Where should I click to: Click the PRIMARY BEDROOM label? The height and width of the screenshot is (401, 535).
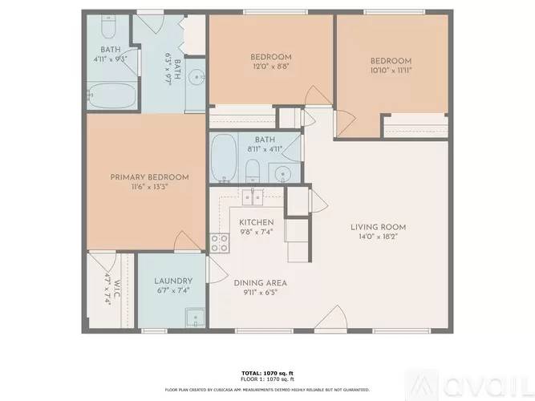149,177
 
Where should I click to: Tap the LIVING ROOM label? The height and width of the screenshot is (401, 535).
375,227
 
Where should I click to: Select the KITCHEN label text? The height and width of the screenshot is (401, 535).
257,222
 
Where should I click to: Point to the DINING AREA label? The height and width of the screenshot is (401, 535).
260,283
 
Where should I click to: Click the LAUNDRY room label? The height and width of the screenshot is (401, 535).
173,281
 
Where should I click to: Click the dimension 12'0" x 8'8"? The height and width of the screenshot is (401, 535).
270,67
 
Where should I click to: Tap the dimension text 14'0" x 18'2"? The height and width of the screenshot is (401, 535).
375,237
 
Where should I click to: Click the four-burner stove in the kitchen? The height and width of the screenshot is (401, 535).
219,243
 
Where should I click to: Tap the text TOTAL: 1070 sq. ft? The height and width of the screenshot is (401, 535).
267,374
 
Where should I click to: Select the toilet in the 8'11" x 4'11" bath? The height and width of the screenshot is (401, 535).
252,170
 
